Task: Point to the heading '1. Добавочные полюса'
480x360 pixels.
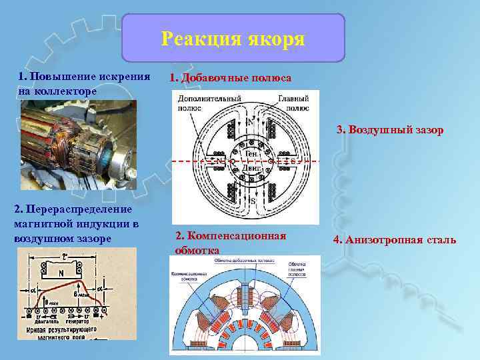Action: click(230, 78)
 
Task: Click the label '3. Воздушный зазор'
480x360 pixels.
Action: click(390, 129)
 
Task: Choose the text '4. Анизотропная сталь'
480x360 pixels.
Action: click(396, 239)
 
